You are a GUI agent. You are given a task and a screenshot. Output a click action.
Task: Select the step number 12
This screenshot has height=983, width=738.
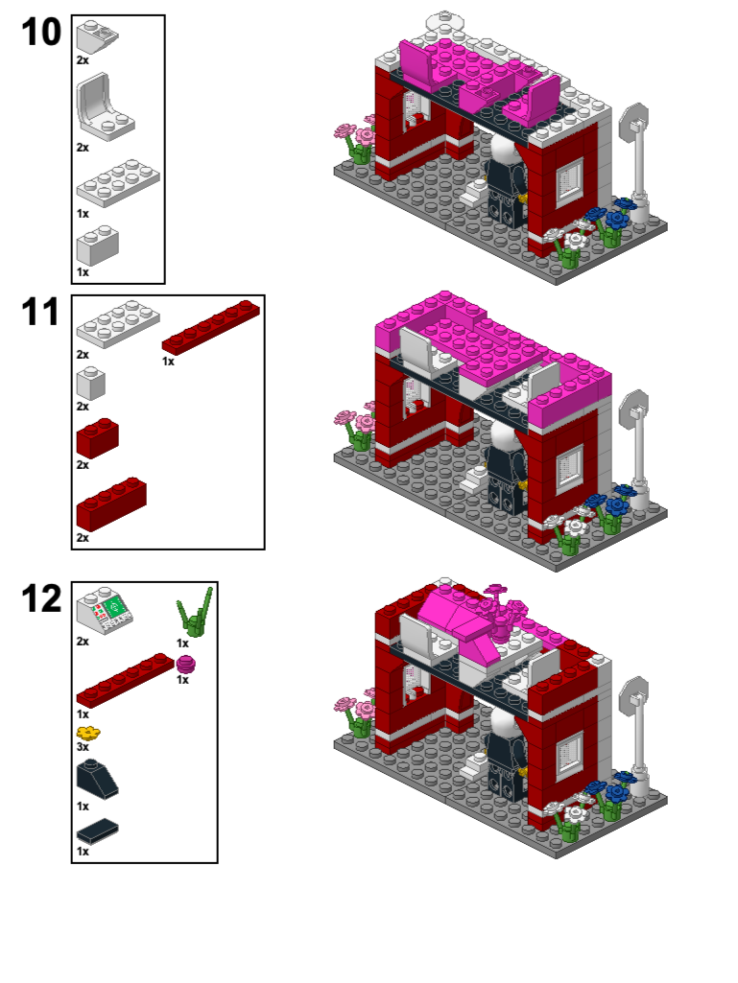[x=41, y=598]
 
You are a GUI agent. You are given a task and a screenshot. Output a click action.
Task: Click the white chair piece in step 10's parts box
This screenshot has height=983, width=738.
[x=104, y=107]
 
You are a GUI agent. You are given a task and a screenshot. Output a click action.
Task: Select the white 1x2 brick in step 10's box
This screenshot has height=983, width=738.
[x=97, y=246]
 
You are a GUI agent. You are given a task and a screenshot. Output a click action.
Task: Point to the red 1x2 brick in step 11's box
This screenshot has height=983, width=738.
[x=97, y=437]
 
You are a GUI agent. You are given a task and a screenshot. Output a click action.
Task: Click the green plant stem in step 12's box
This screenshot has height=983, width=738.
[x=196, y=615]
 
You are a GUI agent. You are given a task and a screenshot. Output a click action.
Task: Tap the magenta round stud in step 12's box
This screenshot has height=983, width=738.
[x=185, y=665]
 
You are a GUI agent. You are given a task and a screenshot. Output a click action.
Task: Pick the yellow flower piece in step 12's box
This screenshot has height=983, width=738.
[x=87, y=734]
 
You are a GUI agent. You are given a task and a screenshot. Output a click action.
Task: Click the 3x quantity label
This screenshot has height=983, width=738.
[x=83, y=747]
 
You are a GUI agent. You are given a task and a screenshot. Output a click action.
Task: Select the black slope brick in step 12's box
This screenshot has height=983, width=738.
[x=97, y=775]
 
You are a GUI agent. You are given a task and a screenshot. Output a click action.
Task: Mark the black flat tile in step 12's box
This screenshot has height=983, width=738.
[x=97, y=830]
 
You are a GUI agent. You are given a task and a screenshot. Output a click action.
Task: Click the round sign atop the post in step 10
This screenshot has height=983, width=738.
[x=633, y=123]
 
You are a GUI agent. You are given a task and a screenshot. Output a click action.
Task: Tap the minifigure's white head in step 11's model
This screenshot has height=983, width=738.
[x=501, y=438]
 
